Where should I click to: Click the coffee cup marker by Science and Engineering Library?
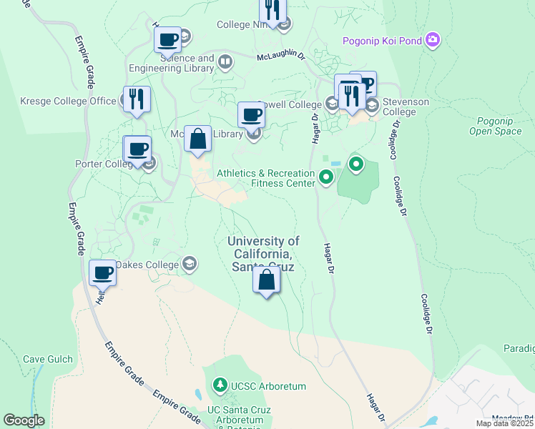[x=168, y=39]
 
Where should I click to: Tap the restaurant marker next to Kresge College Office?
[x=137, y=99]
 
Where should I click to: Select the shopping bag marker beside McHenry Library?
[x=198, y=139]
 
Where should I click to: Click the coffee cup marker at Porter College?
[x=137, y=149]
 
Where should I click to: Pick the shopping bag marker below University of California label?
[x=266, y=280]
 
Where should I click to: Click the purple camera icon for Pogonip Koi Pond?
[x=432, y=40]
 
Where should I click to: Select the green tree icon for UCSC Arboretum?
[x=220, y=386]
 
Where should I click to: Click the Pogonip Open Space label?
[x=495, y=126]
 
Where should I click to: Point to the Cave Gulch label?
[x=44, y=360]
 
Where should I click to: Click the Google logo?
[x=24, y=420]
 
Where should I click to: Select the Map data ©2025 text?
[x=505, y=423]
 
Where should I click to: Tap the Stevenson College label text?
[x=406, y=107]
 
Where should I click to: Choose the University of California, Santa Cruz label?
[x=263, y=253]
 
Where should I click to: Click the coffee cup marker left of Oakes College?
[x=102, y=272]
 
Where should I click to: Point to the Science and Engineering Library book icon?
[x=225, y=63]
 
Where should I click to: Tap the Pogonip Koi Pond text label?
[x=382, y=41]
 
